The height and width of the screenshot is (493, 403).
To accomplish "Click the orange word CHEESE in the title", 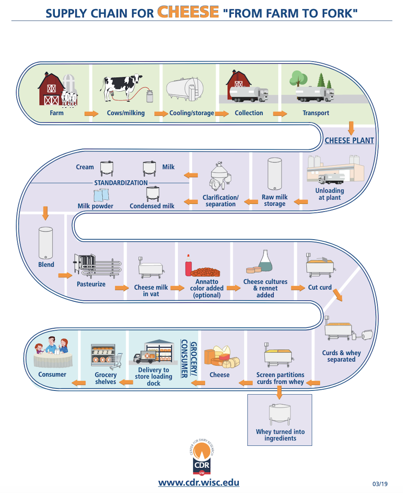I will (187, 12).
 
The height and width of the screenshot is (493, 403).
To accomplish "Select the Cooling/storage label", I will (191, 113).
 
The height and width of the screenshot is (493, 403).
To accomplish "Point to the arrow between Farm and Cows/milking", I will (91, 114).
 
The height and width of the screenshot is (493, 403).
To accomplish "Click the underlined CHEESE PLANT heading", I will (349, 140).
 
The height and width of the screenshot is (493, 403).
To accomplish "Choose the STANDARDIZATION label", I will (121, 183).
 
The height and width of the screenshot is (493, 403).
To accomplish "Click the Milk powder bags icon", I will (102, 195).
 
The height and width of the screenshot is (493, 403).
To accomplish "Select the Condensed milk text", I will (152, 206).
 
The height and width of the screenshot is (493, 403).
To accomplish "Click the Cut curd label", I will (320, 288).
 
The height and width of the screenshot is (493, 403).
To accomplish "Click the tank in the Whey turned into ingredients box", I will (280, 414).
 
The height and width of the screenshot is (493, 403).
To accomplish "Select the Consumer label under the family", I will (52, 374).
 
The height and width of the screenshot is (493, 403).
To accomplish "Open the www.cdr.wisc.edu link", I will (199, 483).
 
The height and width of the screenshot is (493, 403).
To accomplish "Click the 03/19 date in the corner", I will (380, 483).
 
